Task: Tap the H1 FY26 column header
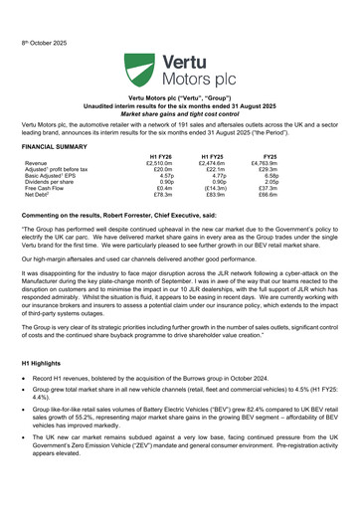pyautogui.click(x=160, y=156)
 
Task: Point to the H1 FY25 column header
pyautogui.click(x=212, y=156)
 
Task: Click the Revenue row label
pyautogui.click(x=36, y=163)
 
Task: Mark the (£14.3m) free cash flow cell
pyautogui.click(x=213, y=189)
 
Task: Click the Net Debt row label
pyautogui.click(x=41, y=196)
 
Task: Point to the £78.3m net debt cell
pyautogui.click(x=162, y=196)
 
